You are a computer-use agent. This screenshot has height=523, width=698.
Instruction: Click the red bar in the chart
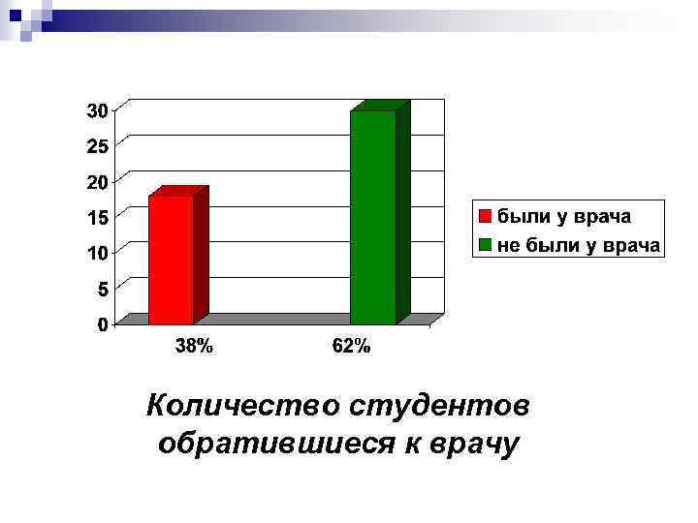pos(172,259)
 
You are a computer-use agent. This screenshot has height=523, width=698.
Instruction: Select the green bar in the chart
pos(373,217)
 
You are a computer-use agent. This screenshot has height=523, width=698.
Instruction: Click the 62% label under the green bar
pos(351,347)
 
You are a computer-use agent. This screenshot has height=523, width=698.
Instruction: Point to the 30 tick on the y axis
pos(97,110)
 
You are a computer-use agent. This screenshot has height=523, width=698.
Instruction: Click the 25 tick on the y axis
pos(97,146)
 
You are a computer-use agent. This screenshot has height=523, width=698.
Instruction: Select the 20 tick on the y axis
pos(97,182)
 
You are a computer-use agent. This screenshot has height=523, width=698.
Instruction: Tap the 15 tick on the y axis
pos(97,218)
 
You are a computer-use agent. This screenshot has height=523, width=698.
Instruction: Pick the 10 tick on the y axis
pos(97,253)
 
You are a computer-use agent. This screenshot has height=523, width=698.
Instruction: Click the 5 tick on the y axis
pos(102,289)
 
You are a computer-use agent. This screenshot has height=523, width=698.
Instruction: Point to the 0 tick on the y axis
pos(102,324)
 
